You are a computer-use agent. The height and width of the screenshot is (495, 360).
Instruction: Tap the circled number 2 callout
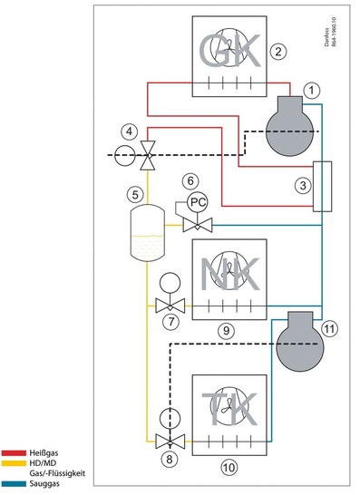(278, 51)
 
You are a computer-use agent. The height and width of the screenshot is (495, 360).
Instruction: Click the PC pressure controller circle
(196, 201)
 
